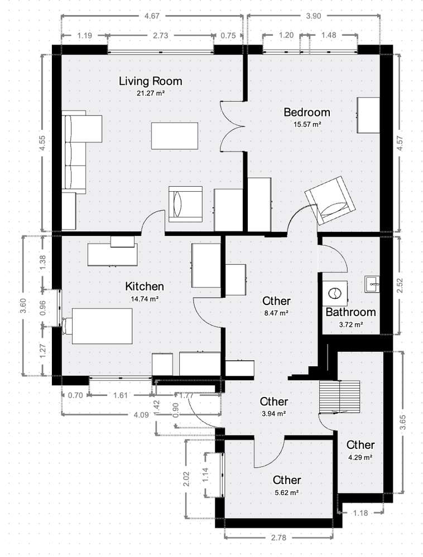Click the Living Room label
click(150, 81)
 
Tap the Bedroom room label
click(306, 112)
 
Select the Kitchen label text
click(145, 287)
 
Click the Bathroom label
click(350, 312)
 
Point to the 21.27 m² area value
click(150, 94)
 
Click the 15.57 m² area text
click(306, 124)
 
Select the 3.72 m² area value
click(350, 324)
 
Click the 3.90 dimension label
click(314, 17)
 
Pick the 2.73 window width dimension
click(161, 36)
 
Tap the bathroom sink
click(372, 283)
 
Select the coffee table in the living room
click(174, 135)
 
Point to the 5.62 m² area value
click(287, 493)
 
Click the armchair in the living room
click(185, 204)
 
